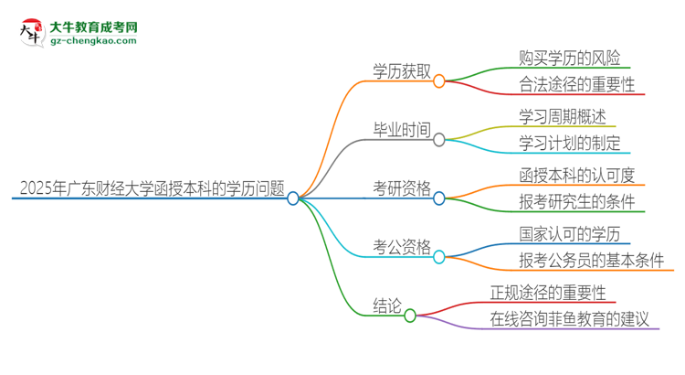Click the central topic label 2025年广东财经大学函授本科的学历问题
[x=151, y=188]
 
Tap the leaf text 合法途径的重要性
[x=563, y=86]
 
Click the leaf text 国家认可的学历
[x=556, y=233]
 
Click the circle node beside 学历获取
[x=439, y=81]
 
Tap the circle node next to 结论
[x=410, y=316]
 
